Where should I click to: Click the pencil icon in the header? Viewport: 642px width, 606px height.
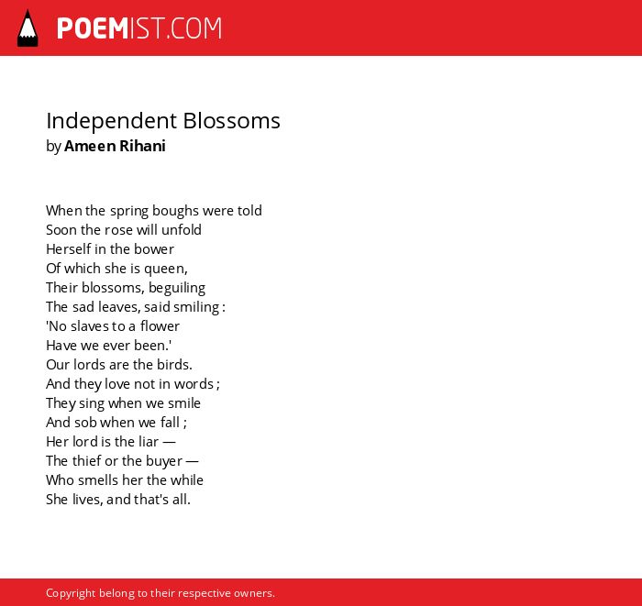(x=28, y=28)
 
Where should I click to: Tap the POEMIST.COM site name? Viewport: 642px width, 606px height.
(x=139, y=28)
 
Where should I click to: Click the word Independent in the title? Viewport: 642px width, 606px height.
(x=111, y=122)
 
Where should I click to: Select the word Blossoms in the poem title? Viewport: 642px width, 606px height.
(x=231, y=121)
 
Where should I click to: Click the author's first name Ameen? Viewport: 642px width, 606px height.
(x=90, y=146)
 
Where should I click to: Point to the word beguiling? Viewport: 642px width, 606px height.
(x=177, y=288)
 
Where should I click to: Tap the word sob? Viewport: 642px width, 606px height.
(x=85, y=423)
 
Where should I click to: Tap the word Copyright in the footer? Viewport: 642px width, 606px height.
(x=71, y=593)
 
